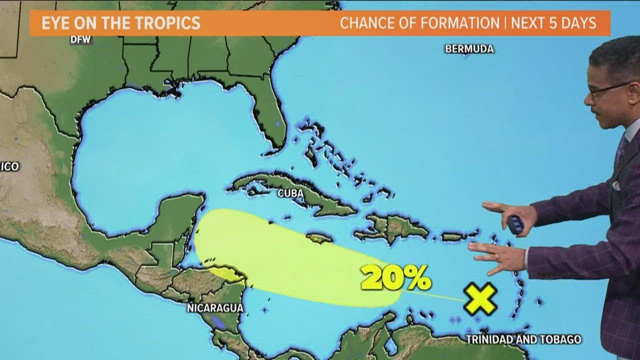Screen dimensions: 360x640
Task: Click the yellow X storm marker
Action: click(x=480, y=298)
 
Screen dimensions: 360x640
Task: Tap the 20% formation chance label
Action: click(x=395, y=278)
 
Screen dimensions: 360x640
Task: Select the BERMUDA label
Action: click(x=469, y=49)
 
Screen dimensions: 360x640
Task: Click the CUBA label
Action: click(x=291, y=193)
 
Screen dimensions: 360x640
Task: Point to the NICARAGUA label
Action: click(x=215, y=308)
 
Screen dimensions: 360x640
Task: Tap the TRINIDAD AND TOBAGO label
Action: click(x=523, y=339)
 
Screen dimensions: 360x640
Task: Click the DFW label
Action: click(x=80, y=40)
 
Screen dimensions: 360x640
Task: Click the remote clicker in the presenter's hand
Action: click(x=515, y=224)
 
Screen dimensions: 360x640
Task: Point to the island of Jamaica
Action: click(x=319, y=238)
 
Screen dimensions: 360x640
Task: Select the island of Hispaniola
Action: click(x=392, y=227)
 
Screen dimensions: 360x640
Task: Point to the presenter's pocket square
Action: click(x=616, y=186)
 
